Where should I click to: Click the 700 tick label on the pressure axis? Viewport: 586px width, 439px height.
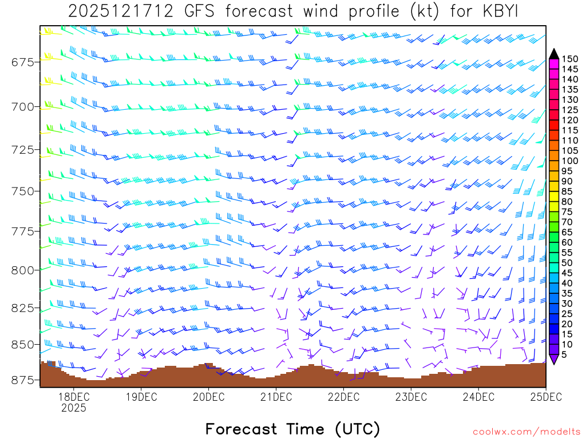coord(22,106)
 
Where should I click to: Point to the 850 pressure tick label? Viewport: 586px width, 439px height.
coord(22,345)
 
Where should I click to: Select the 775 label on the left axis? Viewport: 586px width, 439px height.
coord(22,231)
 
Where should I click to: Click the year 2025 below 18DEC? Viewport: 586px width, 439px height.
coord(73,408)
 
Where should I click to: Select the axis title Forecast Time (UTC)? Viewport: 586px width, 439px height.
coord(292,429)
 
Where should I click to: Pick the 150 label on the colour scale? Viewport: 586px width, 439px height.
coord(569,58)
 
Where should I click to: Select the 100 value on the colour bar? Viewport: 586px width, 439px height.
coord(569,161)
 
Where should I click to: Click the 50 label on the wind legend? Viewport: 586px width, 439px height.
coord(567,263)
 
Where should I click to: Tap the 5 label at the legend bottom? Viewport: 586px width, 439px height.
coord(565,355)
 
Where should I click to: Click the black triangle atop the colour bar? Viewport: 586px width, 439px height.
coord(554,54)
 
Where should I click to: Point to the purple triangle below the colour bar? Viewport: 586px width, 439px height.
coord(554,359)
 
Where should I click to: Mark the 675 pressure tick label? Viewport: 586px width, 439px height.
coord(22,62)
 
